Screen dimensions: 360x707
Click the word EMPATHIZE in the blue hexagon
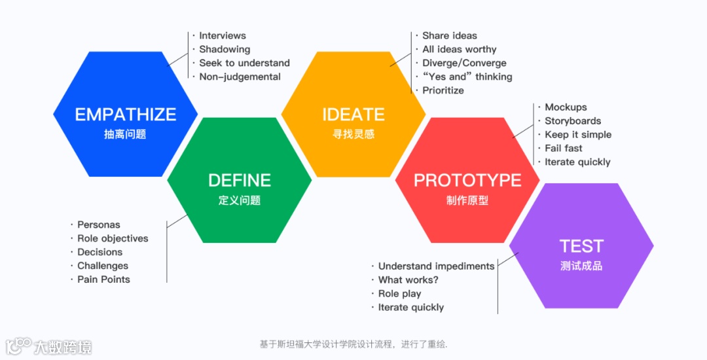point(126,115)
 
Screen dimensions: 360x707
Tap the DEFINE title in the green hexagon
point(240,180)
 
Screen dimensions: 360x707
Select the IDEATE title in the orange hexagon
point(353,115)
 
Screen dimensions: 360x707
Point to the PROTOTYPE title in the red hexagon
point(467,180)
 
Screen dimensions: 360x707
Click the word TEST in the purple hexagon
point(581,246)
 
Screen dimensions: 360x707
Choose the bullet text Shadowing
point(225,49)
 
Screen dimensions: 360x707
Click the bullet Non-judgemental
point(240,77)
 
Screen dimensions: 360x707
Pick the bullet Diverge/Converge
point(464,63)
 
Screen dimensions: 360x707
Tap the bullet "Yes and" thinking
point(467,77)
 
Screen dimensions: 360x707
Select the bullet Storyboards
point(573,121)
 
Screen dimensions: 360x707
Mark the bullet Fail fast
point(563,148)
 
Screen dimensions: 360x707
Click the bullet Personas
point(99,225)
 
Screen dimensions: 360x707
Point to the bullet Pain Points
point(103,279)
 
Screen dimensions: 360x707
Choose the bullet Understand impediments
point(436,266)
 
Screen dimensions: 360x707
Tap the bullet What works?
point(408,280)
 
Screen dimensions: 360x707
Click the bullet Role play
point(399,294)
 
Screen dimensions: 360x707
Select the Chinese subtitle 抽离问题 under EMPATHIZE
point(125,135)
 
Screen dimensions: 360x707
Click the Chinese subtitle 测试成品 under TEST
point(581,266)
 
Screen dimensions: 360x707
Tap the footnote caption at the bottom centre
point(353,344)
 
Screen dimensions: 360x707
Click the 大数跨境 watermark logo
point(49,345)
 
